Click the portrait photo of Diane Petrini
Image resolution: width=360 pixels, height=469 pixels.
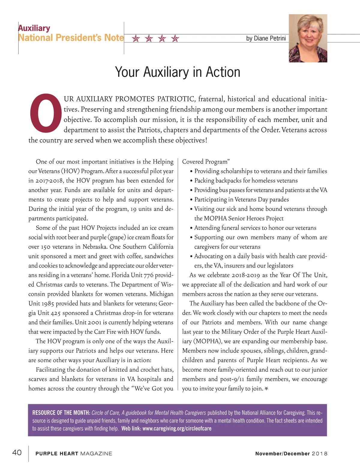coord(308,38)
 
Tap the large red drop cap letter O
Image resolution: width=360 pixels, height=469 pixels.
coord(46,113)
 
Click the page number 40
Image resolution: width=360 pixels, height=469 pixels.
coord(17,452)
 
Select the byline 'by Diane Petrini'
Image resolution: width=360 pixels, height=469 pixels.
coord(266,38)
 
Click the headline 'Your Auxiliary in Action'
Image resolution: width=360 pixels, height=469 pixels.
coord(178,72)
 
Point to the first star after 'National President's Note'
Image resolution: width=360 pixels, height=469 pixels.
coord(136,38)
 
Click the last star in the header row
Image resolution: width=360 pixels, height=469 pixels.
coord(175,38)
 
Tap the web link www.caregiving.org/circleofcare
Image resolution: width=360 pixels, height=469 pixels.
coord(177,428)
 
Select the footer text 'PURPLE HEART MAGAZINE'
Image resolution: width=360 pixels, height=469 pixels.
coord(73,453)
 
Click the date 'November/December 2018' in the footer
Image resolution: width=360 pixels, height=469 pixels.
coord(291,453)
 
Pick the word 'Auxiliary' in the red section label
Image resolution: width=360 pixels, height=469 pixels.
coord(34,28)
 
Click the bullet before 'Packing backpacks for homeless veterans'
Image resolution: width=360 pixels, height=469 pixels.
coord(191,181)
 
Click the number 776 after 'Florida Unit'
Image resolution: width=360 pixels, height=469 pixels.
coord(148,275)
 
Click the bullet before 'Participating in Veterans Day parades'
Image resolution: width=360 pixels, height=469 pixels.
coord(191,200)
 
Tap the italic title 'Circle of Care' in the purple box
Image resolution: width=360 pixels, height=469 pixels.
coord(105,413)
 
